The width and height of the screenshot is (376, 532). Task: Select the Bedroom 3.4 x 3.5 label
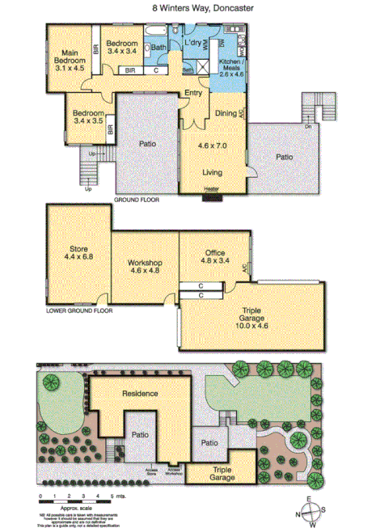coord(88,118)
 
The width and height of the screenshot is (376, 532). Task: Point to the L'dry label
coord(192,43)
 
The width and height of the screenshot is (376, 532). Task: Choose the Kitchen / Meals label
coord(226,66)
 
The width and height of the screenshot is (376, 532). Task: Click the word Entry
coord(193,93)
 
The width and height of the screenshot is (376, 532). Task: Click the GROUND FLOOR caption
coord(137,199)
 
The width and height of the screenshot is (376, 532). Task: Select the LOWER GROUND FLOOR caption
coord(79,310)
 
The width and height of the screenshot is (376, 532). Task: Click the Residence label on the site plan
coord(140,394)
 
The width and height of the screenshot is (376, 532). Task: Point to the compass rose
coord(311,508)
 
